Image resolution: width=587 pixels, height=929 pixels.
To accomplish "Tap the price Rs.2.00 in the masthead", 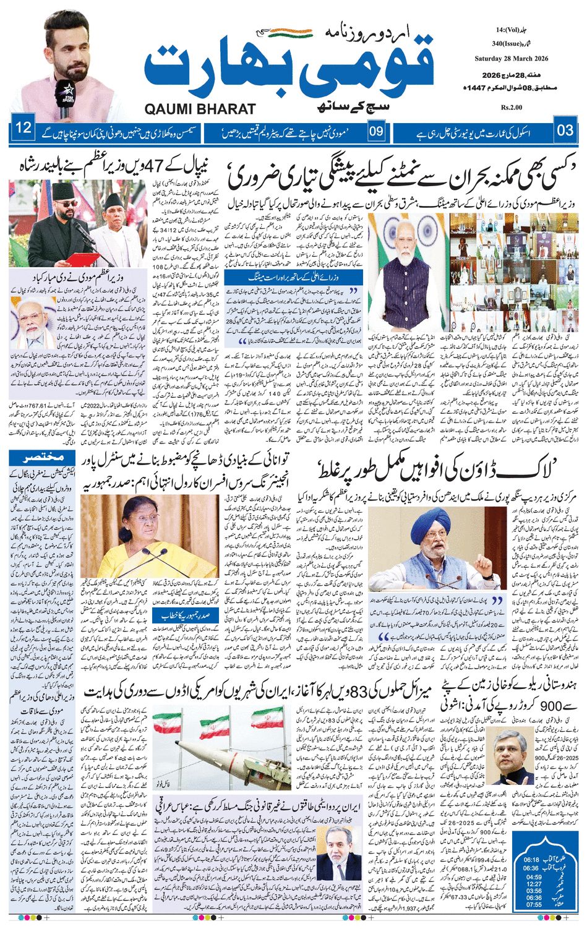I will coord(512,107).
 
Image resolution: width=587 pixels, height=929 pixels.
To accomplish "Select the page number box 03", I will coord(565,131).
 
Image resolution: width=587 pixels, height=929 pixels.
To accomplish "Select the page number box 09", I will coord(377,131).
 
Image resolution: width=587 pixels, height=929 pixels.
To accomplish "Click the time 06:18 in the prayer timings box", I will coord(533,860).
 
